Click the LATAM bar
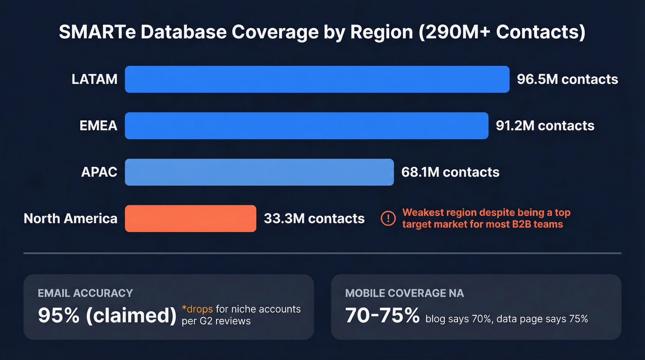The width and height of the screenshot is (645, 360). pyautogui.click(x=317, y=79)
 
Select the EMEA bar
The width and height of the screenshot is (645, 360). pyautogui.click(x=306, y=125)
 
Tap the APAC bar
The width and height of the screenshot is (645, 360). pyautogui.click(x=259, y=172)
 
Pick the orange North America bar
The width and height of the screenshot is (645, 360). pyautogui.click(x=190, y=218)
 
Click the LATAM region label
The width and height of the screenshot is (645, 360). pyautogui.click(x=94, y=79)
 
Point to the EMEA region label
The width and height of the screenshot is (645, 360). pyautogui.click(x=98, y=125)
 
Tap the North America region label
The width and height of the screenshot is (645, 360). pyautogui.click(x=70, y=218)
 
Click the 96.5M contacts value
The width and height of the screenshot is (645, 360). pyautogui.click(x=567, y=79)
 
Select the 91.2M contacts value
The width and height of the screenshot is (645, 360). pyautogui.click(x=545, y=125)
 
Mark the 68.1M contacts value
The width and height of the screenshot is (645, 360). pyautogui.click(x=450, y=172)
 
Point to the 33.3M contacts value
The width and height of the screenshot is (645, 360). pyautogui.click(x=314, y=218)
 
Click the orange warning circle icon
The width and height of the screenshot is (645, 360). pyautogui.click(x=388, y=218)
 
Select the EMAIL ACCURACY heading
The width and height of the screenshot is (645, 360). pyautogui.click(x=85, y=293)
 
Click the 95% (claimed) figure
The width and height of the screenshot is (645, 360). pyautogui.click(x=107, y=315)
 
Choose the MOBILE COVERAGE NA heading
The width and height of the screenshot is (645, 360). pyautogui.click(x=405, y=293)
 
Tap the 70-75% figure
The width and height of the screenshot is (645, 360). pyautogui.click(x=382, y=315)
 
